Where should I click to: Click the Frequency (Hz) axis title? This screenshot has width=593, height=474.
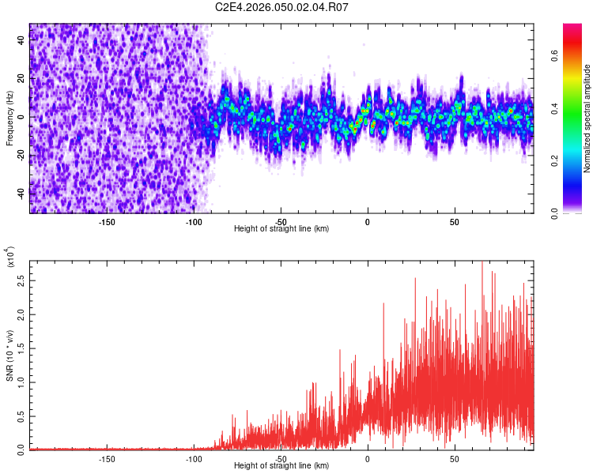(9, 118)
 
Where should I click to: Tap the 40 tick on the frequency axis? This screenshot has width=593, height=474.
(21, 41)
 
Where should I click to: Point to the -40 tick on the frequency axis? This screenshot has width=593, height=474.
(20, 193)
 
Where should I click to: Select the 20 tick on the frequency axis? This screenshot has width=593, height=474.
(21, 79)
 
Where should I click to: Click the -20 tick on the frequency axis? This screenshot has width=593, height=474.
(20, 155)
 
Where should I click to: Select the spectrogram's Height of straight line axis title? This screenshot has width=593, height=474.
(282, 228)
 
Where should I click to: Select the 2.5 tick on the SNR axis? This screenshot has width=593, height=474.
(21, 280)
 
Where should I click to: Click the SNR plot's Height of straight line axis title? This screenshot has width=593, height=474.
(282, 465)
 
